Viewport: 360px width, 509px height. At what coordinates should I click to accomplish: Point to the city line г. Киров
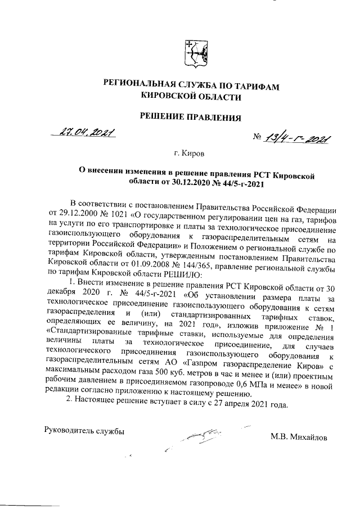[x=190, y=152]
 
